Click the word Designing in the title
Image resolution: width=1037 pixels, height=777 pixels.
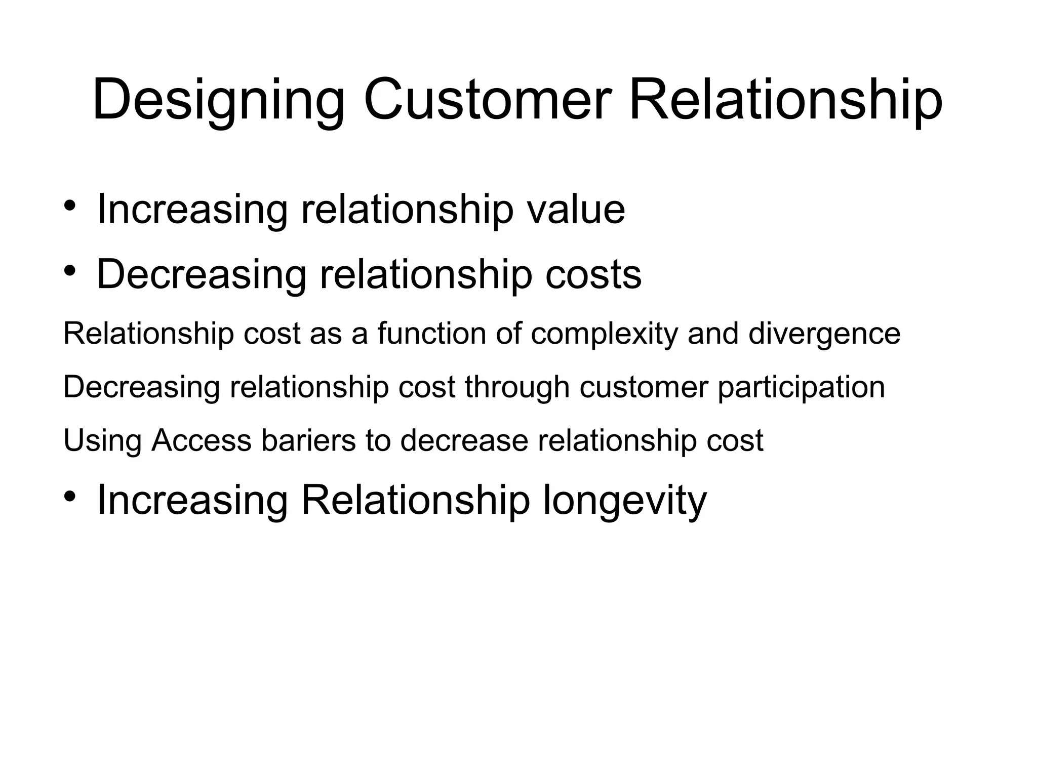click(218, 100)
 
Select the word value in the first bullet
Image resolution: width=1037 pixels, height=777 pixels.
click(576, 209)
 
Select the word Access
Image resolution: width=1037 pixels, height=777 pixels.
click(201, 440)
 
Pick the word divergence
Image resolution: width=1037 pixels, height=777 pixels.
click(824, 334)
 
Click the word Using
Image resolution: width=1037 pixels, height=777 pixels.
click(102, 440)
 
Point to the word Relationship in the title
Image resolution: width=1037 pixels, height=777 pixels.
click(785, 100)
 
